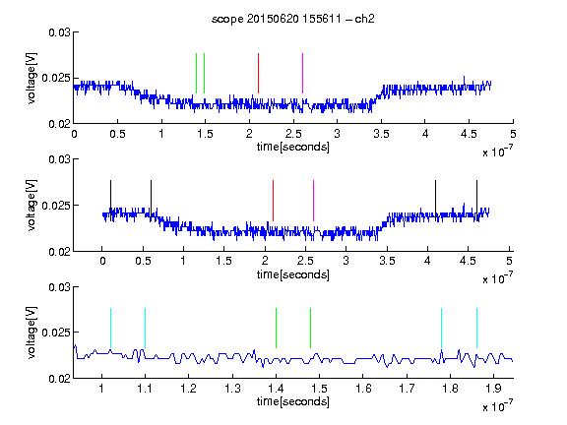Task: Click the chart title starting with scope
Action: (292, 19)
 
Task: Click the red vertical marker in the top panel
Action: (258, 74)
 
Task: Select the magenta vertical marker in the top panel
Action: (302, 74)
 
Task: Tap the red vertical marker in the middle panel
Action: (273, 201)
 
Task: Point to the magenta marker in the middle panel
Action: (313, 201)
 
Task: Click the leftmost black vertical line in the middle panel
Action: (110, 201)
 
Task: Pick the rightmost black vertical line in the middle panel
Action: (477, 201)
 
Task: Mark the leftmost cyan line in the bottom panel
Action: (110, 329)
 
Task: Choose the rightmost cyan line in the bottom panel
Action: (477, 329)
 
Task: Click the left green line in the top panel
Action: (196, 74)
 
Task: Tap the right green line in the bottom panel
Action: (311, 329)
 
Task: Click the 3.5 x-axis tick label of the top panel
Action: (381, 134)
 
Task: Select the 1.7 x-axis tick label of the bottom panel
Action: (407, 389)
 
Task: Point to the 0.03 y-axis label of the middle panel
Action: (60, 159)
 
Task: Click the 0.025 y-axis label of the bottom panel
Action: (56, 333)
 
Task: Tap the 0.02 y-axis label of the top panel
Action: (60, 124)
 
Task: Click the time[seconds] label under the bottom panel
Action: (293, 401)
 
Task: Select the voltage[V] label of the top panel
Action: (31, 79)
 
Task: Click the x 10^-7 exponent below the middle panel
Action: (498, 278)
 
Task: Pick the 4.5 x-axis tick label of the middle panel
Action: (468, 261)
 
